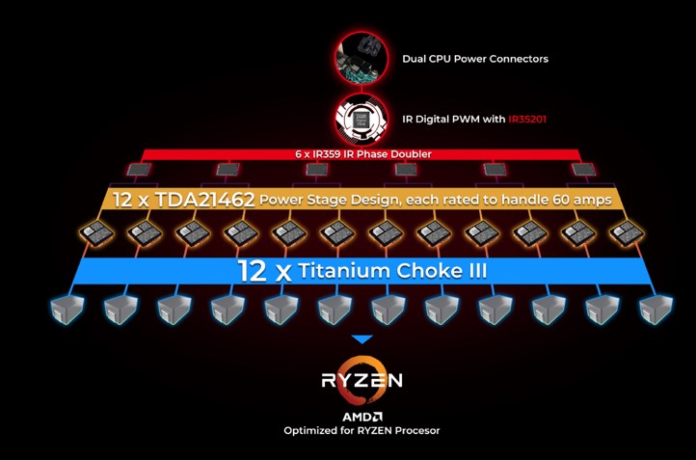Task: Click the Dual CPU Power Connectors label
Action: [474, 59]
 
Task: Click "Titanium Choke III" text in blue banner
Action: [393, 270]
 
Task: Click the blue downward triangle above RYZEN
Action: [361, 338]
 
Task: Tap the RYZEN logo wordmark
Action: [361, 379]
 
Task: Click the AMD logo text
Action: [361, 416]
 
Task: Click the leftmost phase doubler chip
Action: [138, 170]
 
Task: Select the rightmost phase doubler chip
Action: [582, 170]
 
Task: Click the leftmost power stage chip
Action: [95, 232]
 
